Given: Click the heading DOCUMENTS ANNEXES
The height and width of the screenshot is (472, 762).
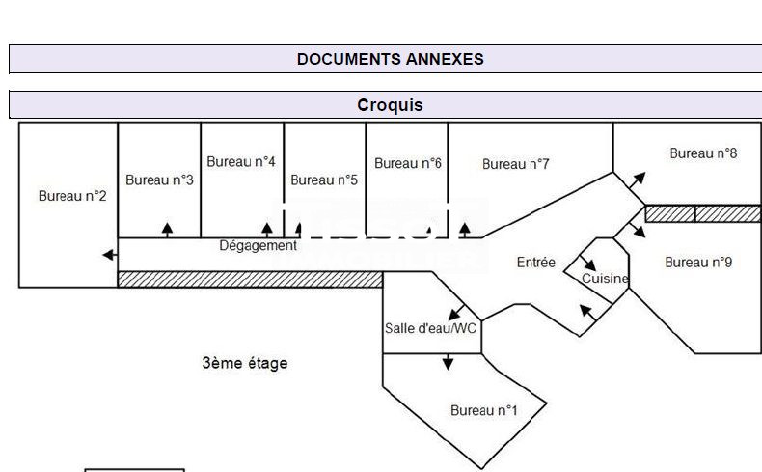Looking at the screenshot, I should [x=390, y=59].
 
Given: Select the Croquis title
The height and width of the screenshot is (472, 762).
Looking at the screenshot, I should [x=390, y=105].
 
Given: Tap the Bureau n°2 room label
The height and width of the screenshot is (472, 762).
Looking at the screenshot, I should [x=72, y=196].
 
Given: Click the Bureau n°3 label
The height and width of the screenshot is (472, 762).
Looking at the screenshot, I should [x=159, y=180].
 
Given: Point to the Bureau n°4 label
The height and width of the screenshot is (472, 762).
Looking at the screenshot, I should [x=241, y=162].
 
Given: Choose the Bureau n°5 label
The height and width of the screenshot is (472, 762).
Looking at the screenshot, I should [x=324, y=180].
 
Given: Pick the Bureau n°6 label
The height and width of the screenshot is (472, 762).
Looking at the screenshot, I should [x=408, y=163].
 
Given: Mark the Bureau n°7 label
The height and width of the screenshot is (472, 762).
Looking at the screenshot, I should [x=516, y=164].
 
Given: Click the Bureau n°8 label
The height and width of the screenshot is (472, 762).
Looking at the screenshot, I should [x=704, y=153].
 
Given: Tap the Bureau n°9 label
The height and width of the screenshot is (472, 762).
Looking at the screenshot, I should [x=699, y=262].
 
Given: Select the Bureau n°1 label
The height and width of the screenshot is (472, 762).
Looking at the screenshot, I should [x=484, y=410].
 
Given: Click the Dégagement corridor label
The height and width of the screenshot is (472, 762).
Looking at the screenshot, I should [x=259, y=245].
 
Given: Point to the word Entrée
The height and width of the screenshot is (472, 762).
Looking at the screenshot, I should [x=536, y=262].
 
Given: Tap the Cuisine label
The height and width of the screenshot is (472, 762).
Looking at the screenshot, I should [x=605, y=279].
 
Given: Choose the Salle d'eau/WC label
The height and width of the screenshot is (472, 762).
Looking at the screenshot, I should [x=430, y=328].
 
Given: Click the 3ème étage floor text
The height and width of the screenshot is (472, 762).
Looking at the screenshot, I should [x=245, y=363].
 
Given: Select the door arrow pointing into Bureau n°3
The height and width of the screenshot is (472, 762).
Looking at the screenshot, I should [x=167, y=230].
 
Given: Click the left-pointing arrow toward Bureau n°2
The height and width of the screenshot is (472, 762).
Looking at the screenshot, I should [x=110, y=255].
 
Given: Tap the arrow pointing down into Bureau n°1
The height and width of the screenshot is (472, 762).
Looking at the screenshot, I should [x=448, y=362].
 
